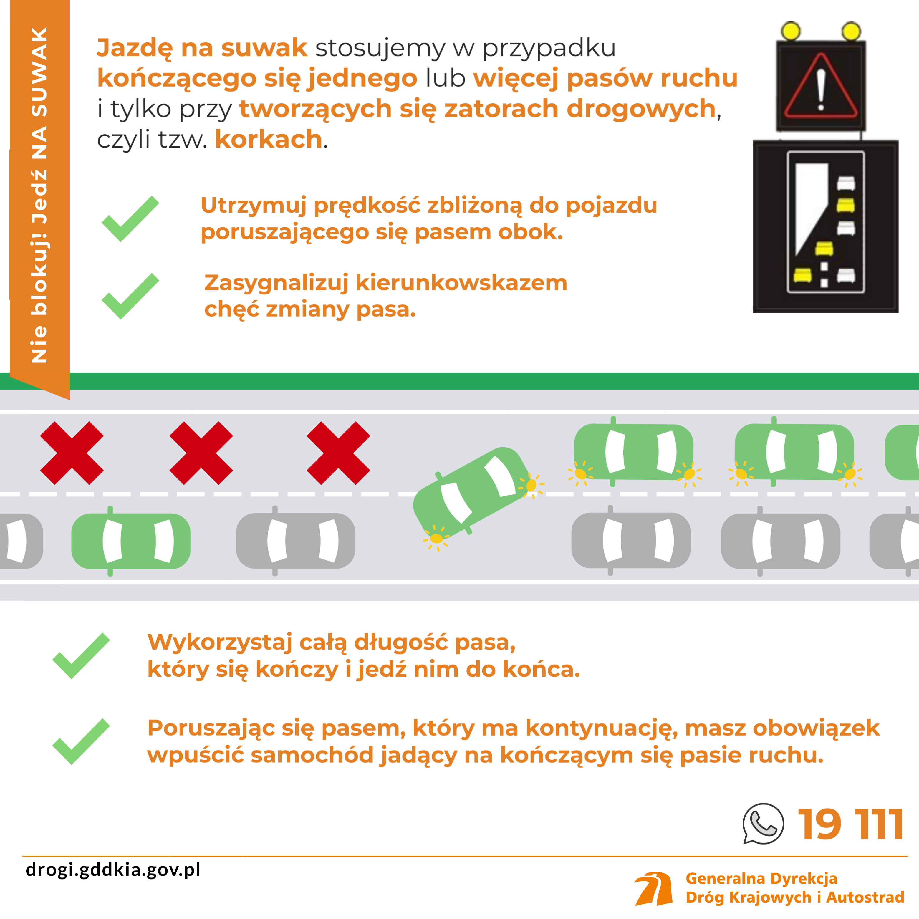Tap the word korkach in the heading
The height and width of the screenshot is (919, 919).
click(x=269, y=139)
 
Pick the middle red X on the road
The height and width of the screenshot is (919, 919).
click(x=201, y=453)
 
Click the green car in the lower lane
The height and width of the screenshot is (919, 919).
click(x=131, y=541)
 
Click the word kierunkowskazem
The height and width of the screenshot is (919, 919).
click(x=461, y=283)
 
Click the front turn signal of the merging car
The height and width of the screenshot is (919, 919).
click(x=531, y=485)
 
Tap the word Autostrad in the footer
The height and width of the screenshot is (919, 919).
click(x=865, y=897)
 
